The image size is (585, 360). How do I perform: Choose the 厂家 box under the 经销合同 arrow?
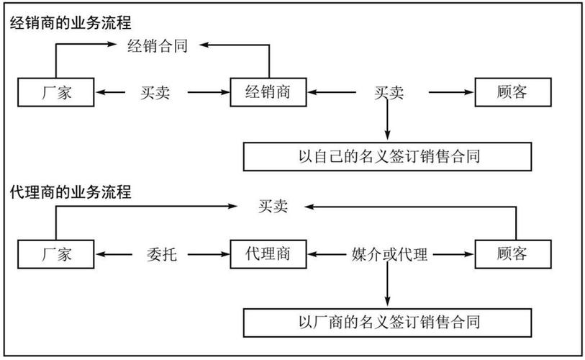(55, 92)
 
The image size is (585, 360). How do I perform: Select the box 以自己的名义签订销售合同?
(388, 156)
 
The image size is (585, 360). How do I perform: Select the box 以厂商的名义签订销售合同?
(388, 320)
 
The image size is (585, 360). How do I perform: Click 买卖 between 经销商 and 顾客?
(389, 92)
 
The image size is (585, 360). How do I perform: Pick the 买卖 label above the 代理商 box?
(273, 207)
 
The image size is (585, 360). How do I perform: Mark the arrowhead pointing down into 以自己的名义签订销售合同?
(388, 137)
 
